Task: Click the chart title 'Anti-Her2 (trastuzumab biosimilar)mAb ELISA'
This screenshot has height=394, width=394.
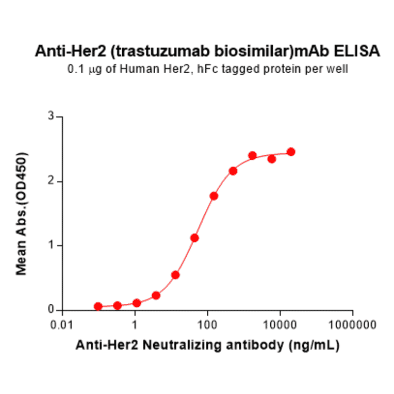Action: pos(208,52)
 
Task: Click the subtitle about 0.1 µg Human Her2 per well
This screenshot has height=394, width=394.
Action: pos(208,69)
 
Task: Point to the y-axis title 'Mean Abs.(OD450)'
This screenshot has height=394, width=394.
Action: pos(22,214)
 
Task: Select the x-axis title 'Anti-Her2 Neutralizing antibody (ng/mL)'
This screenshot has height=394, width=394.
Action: pos(208,347)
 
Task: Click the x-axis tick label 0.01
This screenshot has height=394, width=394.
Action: pos(62,326)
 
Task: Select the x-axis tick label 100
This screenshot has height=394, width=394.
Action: pos(207,326)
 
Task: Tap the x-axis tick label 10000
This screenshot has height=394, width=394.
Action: pos(280,326)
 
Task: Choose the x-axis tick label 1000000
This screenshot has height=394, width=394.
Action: pos(353,326)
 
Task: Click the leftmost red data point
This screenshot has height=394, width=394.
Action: pos(98,306)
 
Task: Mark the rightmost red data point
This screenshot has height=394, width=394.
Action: pos(291,152)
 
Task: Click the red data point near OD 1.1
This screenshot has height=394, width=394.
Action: pos(194,238)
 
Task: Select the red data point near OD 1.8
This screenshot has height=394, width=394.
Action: pos(214,196)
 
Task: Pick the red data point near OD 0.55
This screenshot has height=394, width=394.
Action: pos(175,275)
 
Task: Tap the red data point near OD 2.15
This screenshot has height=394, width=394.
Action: pos(233,171)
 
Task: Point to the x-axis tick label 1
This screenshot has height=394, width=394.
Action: pos(135,326)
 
